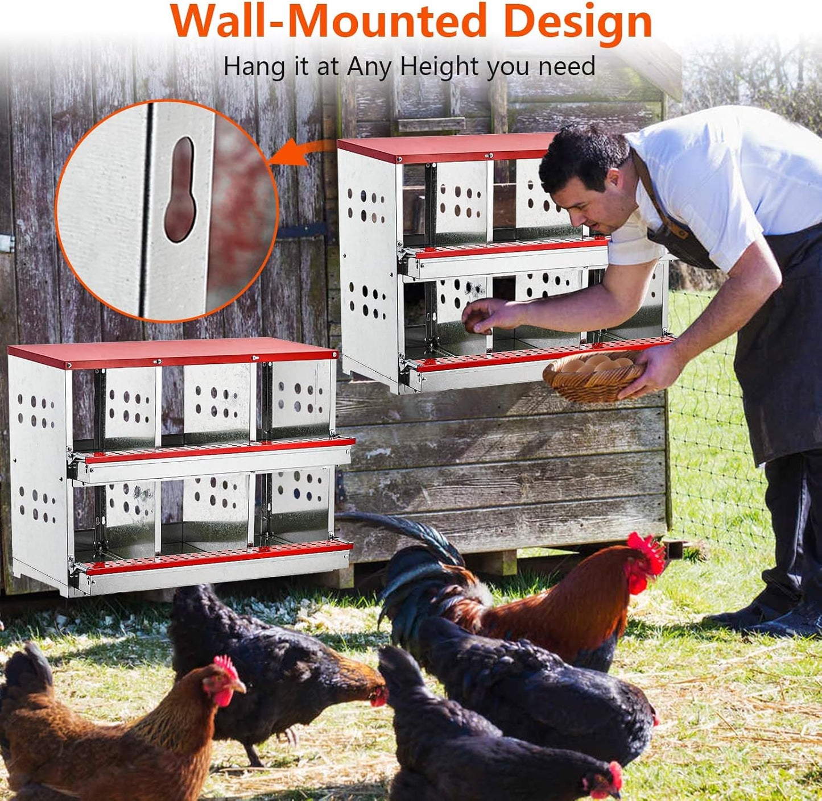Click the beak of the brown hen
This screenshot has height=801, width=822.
242,688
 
